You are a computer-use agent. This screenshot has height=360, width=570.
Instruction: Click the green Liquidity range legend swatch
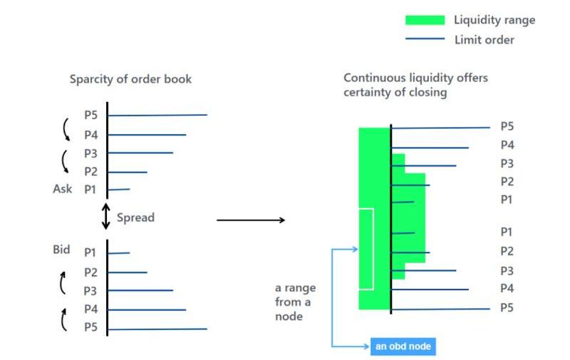tap(425, 20)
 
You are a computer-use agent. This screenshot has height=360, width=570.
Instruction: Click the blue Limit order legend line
tap(425, 39)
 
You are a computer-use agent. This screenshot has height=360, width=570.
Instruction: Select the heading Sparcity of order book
tap(130, 79)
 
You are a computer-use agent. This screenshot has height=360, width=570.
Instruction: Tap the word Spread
tap(135, 217)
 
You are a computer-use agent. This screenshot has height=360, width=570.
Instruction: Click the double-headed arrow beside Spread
tap(106, 217)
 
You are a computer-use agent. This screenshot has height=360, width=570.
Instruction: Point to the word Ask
tap(62, 190)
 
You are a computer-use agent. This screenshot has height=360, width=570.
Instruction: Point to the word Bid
tap(62, 250)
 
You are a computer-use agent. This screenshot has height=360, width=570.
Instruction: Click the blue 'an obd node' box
tap(403, 346)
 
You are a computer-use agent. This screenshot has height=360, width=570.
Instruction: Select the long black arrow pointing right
tap(250, 220)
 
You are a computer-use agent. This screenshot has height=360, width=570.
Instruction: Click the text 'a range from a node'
tap(295, 302)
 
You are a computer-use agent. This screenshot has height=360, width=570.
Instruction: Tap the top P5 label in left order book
tap(90, 115)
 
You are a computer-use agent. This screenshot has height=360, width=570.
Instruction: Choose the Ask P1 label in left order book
tap(90, 190)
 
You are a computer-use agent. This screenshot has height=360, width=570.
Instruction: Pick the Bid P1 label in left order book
tap(90, 252)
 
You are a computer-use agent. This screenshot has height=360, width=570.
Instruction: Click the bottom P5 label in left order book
tap(90, 328)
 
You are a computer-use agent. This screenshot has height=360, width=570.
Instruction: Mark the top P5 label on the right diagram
tap(507, 126)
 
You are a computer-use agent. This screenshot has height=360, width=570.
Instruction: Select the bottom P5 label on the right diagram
tap(507, 308)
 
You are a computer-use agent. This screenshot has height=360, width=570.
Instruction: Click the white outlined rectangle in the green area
tap(366, 249)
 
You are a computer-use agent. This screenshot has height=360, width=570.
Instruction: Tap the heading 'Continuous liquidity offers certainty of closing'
tap(415, 86)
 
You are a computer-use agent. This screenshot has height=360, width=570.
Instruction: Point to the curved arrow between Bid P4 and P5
tap(64, 319)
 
